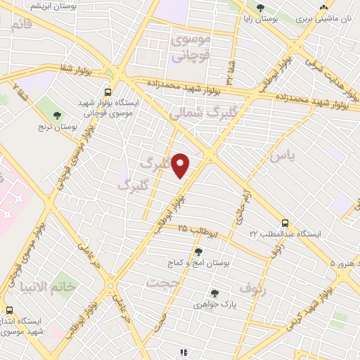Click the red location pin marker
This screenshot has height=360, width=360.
[x=181, y=165]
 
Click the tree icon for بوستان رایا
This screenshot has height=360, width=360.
[x=260, y=8]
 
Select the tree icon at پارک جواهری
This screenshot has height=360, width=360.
[x=214, y=293]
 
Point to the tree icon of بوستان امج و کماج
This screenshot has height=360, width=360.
[x=198, y=251]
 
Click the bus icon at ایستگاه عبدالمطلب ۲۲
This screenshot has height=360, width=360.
[x=285, y=221]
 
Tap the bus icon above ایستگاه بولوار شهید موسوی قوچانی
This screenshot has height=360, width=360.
[x=107, y=91]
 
